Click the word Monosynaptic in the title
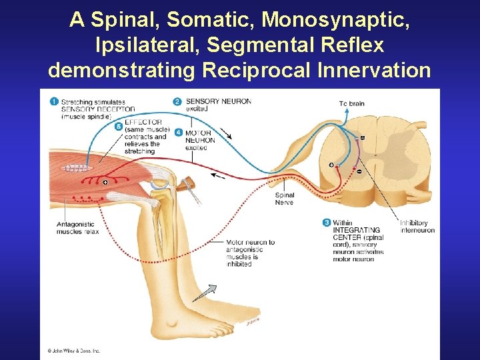coord(335,20)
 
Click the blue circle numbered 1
coord(54,101)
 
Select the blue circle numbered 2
coord(177,101)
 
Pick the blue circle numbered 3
coord(326,222)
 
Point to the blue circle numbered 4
coord(179,132)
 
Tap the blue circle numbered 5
coord(118,125)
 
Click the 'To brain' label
coord(351,103)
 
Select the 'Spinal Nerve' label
coord(284,199)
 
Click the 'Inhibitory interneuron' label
coord(417,227)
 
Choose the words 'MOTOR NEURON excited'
coord(200,140)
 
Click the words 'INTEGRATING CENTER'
coord(356,233)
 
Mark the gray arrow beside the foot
coord(209,291)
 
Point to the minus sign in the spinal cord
coord(359,171)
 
